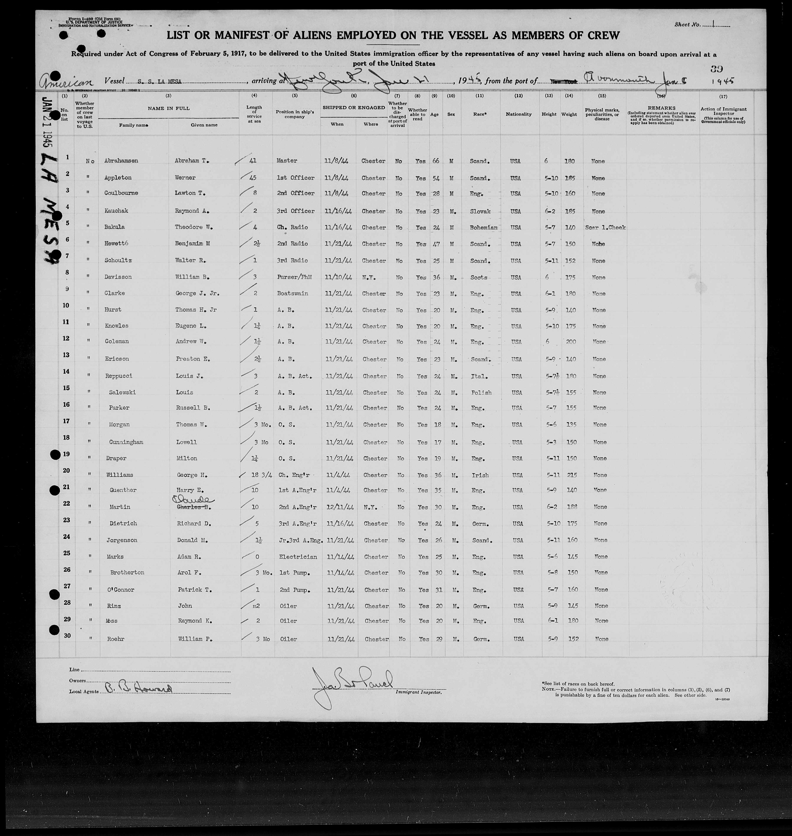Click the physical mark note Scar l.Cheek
pyautogui.click(x=605, y=227)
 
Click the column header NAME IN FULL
pyautogui.click(x=169, y=108)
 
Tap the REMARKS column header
pyautogui.click(x=663, y=108)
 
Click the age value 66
pyautogui.click(x=437, y=161)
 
